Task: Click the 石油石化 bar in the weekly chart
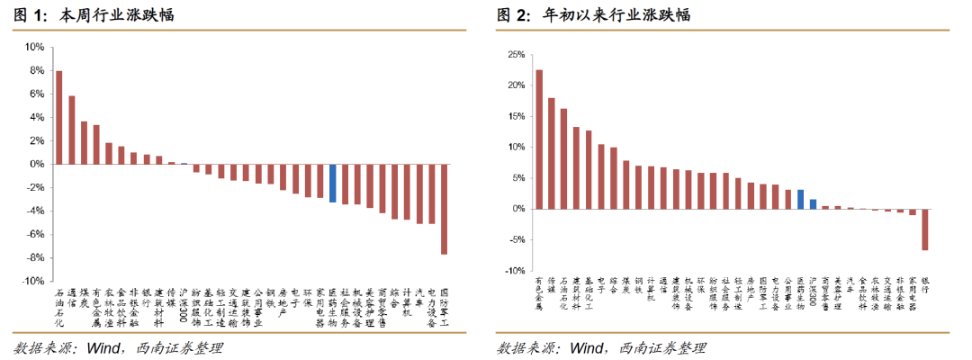pyautogui.click(x=59, y=117)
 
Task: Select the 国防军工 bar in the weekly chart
pyautogui.click(x=444, y=209)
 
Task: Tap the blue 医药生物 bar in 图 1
pyautogui.click(x=332, y=183)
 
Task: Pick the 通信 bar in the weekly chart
pyautogui.click(x=72, y=130)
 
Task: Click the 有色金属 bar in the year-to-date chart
pyautogui.click(x=539, y=139)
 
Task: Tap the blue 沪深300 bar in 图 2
pyautogui.click(x=813, y=203)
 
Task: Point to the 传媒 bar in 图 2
pyautogui.click(x=552, y=153)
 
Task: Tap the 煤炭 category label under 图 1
pyautogui.click(x=85, y=298)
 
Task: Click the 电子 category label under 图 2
pyautogui.click(x=601, y=286)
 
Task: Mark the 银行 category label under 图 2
pyautogui.click(x=924, y=286)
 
